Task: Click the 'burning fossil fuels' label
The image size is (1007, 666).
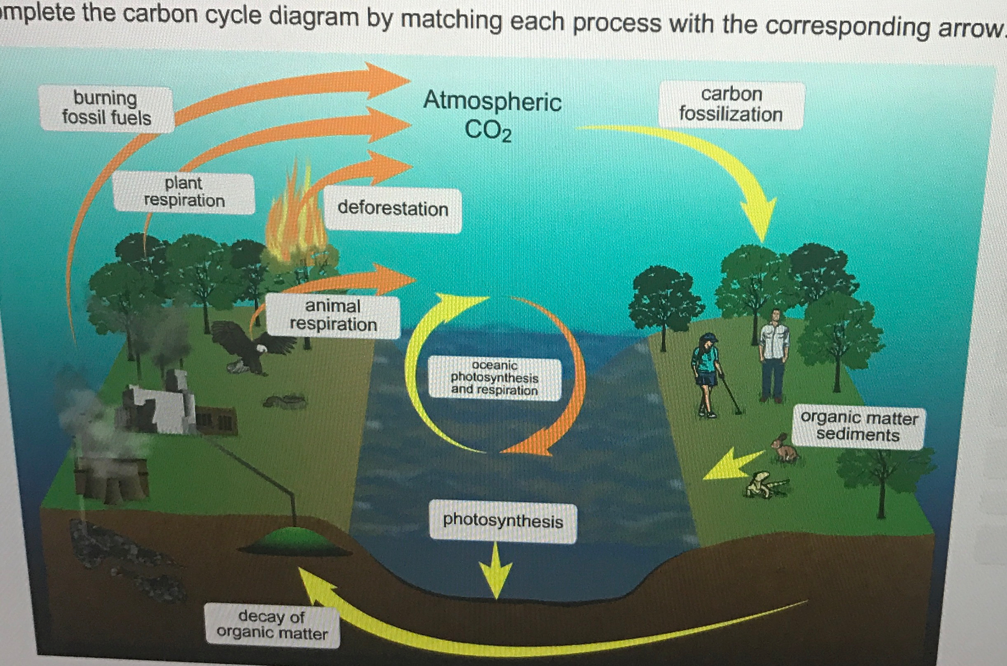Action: point(106,109)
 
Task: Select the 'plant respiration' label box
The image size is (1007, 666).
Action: point(184,193)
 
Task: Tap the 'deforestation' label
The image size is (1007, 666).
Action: point(393,209)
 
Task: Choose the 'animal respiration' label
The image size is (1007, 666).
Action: point(333,316)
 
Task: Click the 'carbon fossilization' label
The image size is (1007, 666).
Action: point(731,105)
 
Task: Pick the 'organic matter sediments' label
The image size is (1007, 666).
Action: point(858,426)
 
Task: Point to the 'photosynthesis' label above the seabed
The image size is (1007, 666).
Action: point(503,521)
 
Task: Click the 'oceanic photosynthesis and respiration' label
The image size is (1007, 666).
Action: point(494,378)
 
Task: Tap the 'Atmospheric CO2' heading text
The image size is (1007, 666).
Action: point(492,115)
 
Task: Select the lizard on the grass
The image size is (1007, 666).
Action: point(766,485)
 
